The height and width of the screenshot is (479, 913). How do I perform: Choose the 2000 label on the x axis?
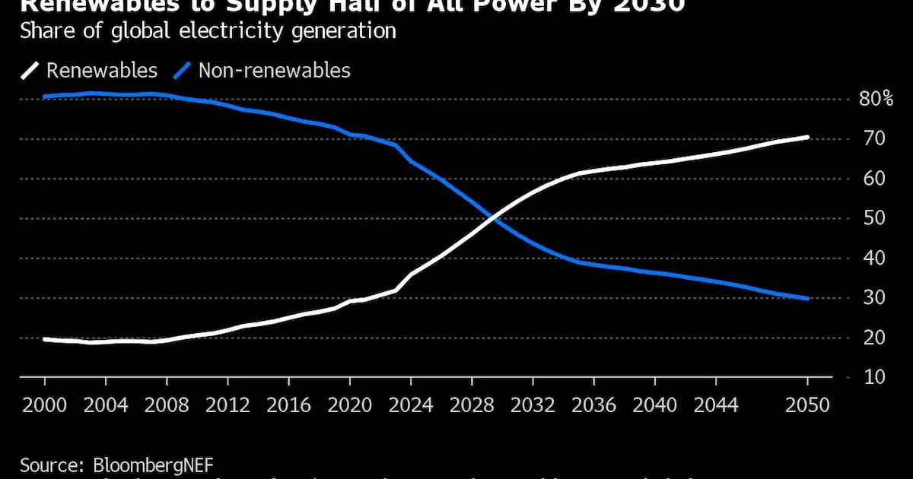tap(45, 405)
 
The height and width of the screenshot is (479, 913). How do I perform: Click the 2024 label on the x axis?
tap(410, 405)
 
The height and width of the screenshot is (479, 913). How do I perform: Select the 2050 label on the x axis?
tap(807, 405)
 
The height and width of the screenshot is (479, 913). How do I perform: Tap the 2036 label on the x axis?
tap(593, 405)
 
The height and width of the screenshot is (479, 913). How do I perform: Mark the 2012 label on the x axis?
tap(227, 405)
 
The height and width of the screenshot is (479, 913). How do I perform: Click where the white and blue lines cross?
tap(495, 218)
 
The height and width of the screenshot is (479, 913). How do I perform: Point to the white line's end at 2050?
tap(807, 138)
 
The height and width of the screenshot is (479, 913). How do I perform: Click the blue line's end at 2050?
tap(807, 299)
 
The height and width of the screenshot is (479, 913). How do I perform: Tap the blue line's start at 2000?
tap(45, 97)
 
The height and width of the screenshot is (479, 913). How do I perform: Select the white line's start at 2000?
tap(45, 339)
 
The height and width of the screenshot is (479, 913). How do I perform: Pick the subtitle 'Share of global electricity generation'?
tap(208, 31)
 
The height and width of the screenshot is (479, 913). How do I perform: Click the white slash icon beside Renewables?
tap(29, 71)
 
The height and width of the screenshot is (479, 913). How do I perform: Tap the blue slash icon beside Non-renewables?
tap(181, 71)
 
